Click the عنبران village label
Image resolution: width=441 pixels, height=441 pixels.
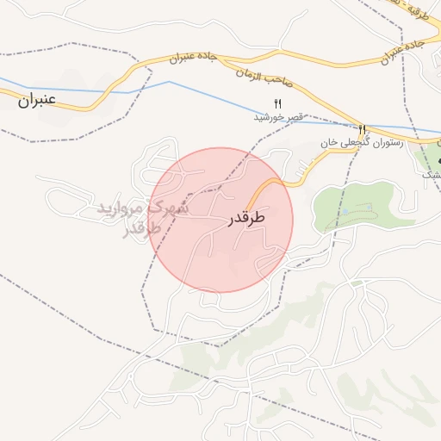point(36,100)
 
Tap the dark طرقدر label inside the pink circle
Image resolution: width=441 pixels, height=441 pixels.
point(246,219)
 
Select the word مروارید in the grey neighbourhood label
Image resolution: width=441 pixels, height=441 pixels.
point(119,209)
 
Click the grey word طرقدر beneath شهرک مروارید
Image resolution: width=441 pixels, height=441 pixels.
point(143,230)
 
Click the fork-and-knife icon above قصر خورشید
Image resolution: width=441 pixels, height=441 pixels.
point(278,103)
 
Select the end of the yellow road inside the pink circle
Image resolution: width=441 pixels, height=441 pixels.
point(248,207)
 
